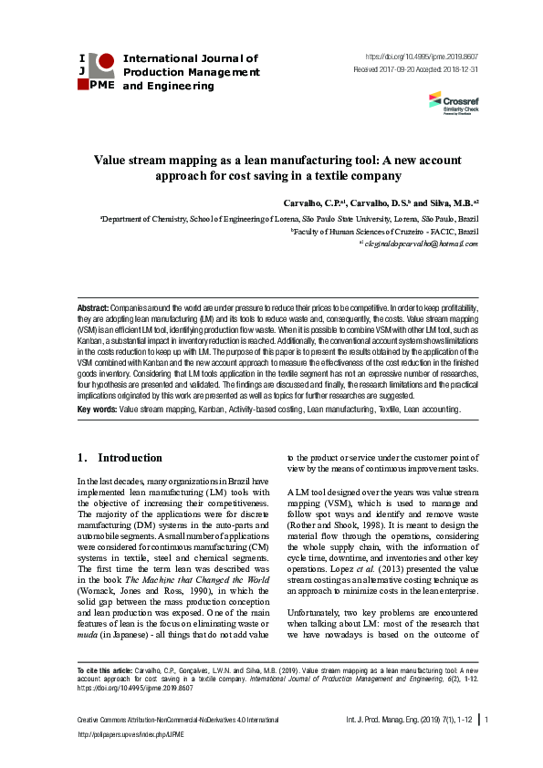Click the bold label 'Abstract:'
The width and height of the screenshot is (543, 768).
click(x=93, y=310)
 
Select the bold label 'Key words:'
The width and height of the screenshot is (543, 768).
click(x=98, y=410)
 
